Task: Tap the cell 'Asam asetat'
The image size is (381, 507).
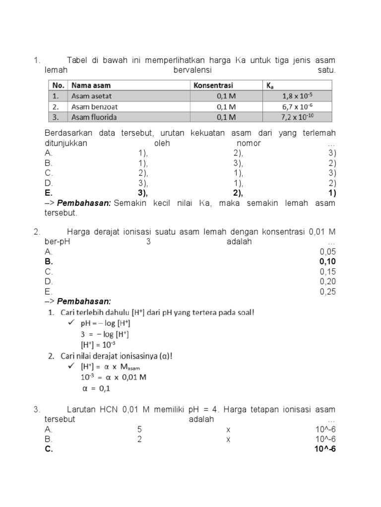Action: click(91, 96)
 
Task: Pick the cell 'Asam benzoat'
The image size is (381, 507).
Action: click(94, 106)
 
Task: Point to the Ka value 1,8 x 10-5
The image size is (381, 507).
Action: click(297, 96)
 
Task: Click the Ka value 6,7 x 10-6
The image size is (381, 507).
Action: click(297, 106)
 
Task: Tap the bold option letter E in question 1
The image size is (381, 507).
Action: click(48, 193)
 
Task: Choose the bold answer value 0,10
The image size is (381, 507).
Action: click(327, 261)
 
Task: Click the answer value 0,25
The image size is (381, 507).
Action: click(327, 292)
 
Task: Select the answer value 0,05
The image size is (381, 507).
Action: click(327, 252)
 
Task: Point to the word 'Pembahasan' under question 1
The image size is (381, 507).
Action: click(84, 203)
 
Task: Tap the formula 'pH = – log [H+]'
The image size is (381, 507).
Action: click(105, 323)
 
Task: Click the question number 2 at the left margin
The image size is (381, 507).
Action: click(36, 231)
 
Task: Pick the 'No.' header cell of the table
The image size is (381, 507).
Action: click(58, 85)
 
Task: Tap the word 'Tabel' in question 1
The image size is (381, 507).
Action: click(77, 60)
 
